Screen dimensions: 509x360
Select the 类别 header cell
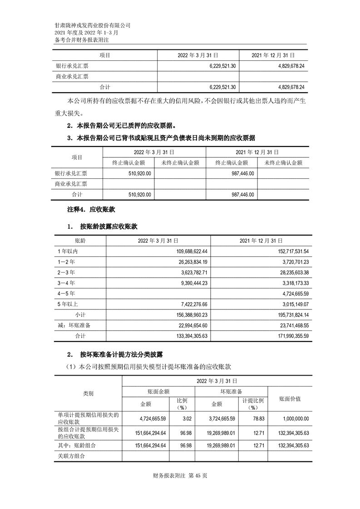[x=88, y=394]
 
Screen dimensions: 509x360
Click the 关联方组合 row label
[x=70, y=456]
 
